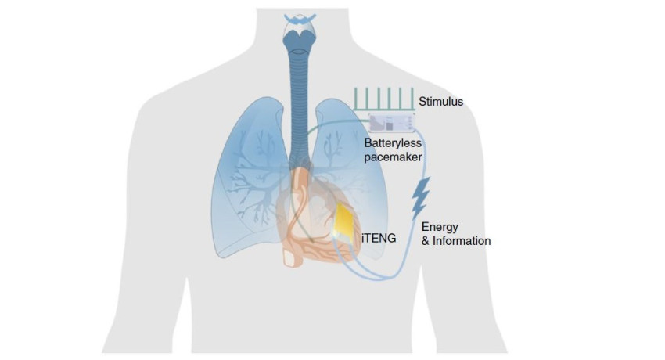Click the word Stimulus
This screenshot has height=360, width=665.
(441, 101)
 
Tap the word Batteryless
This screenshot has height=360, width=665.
(393, 143)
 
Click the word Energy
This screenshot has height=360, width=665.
(440, 227)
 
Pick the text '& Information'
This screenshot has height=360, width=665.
(456, 241)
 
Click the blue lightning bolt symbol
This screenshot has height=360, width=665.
(421, 197)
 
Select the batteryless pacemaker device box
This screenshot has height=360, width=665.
(390, 122)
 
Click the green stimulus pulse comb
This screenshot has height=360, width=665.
(383, 99)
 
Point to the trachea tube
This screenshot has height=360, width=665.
(298, 94)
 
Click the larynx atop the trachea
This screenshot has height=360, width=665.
(298, 32)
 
